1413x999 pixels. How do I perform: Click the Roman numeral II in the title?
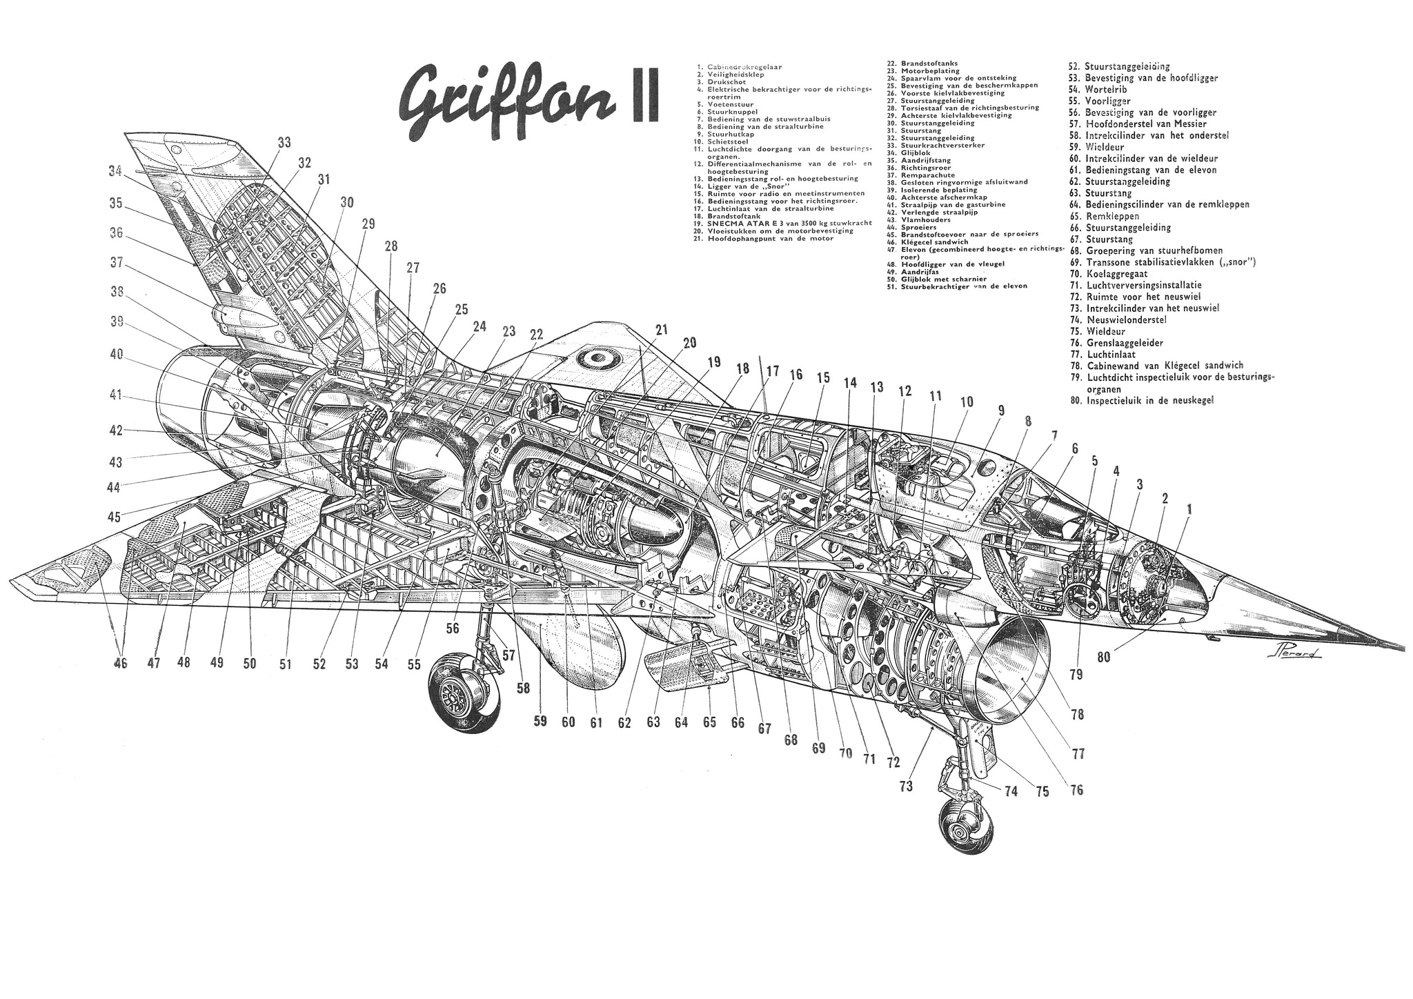(x=638, y=103)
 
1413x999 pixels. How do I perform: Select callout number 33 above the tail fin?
(x=284, y=143)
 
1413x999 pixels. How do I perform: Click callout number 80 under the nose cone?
(x=1104, y=657)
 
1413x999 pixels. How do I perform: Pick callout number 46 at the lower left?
(x=121, y=664)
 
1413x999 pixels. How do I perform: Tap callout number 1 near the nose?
(x=1188, y=509)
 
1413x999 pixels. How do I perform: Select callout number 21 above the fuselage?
(x=662, y=330)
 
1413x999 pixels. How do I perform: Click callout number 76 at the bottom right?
(x=1076, y=790)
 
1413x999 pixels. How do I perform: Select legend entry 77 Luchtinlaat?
(x=1111, y=355)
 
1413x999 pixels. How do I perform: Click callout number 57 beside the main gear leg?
(x=508, y=655)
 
